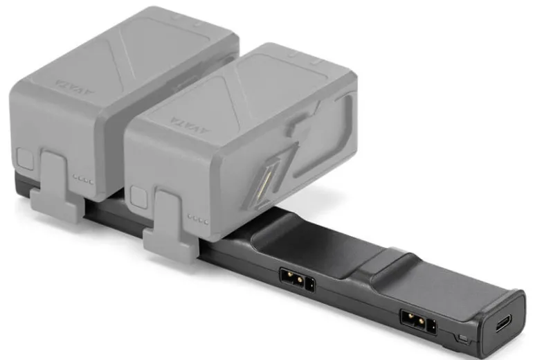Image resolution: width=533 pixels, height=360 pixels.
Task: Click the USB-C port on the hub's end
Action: point(503,323)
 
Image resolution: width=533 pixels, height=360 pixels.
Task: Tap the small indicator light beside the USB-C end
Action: point(462,339)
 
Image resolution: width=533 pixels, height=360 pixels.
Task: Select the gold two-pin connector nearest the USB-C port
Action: point(415,321)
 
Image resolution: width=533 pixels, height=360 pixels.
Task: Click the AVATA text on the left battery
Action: point(75,87)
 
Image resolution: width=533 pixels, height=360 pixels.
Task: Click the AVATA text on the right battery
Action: point(190,125)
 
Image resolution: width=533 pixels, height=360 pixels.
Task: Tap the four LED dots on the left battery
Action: point(83,179)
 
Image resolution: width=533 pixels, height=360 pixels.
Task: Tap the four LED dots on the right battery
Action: point(198,219)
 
